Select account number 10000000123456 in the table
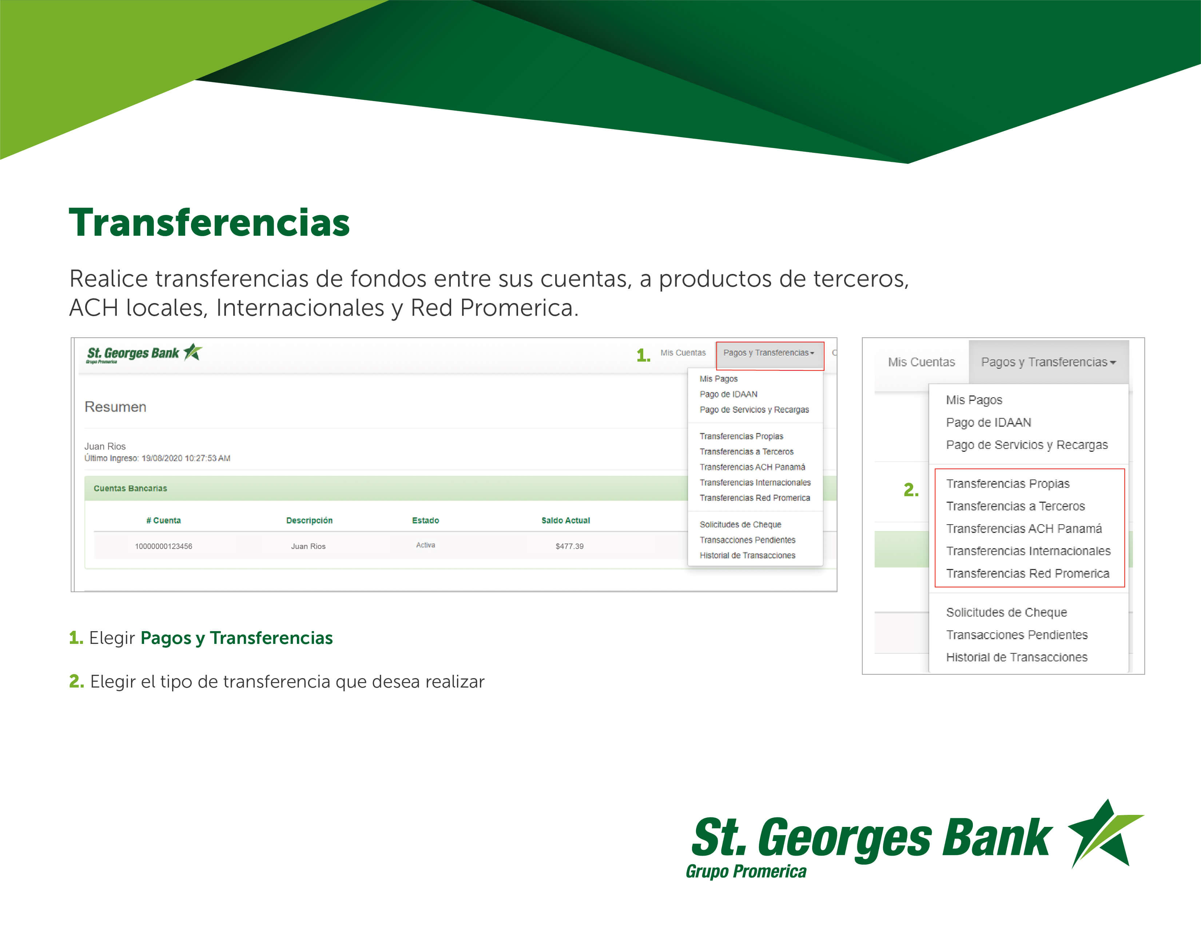tap(163, 546)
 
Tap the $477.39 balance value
tap(569, 546)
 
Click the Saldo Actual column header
tap(565, 520)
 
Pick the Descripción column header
tap(309, 520)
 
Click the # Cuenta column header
tap(163, 520)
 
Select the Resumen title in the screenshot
tap(115, 407)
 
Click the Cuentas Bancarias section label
tap(130, 488)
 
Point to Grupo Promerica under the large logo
tap(746, 871)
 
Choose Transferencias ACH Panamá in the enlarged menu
tap(1023, 528)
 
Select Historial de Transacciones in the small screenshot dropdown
tap(747, 555)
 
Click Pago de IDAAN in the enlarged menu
tap(988, 422)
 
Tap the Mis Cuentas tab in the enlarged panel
tap(921, 362)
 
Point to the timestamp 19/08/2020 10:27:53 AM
tap(186, 458)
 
